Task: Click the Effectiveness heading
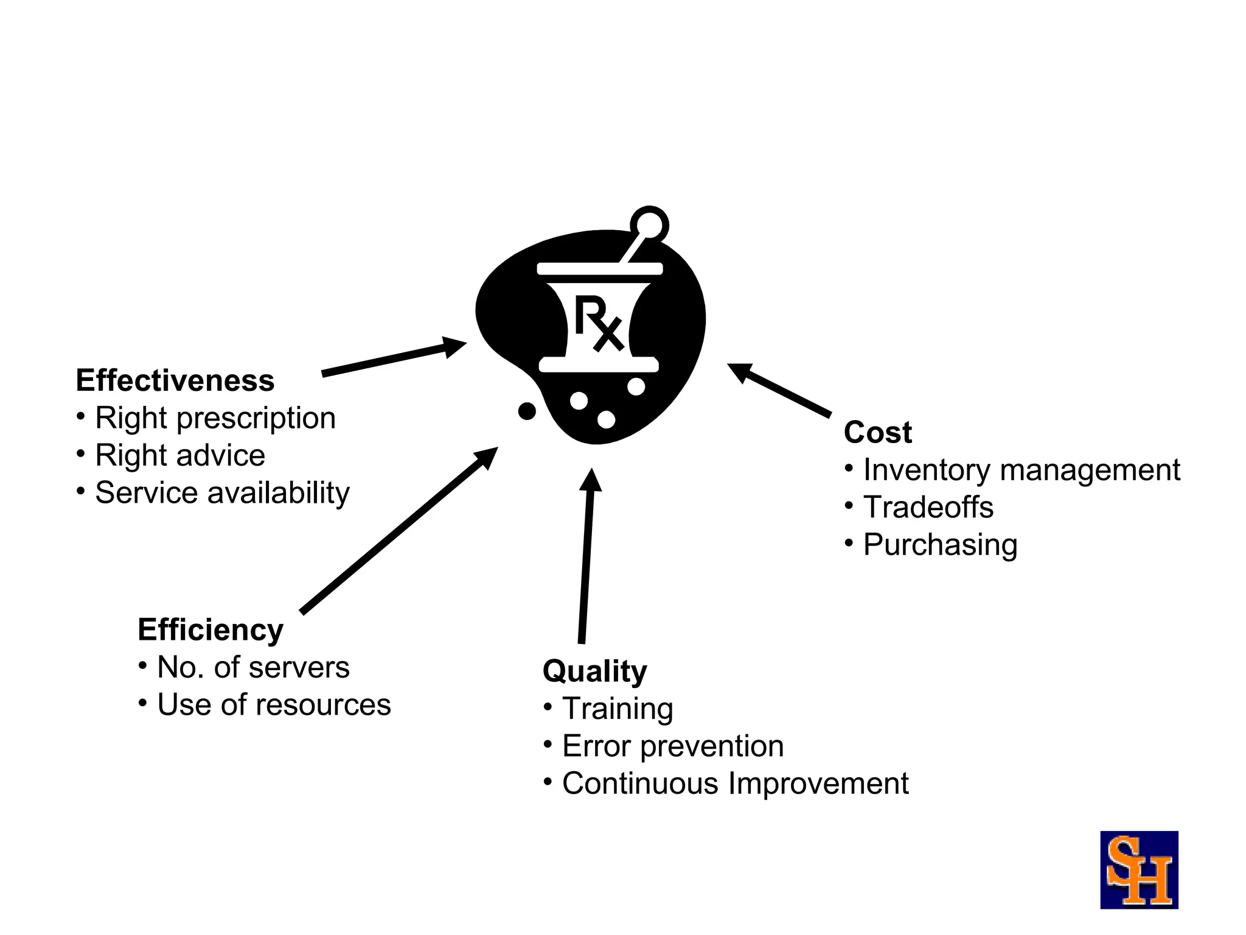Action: coord(175,380)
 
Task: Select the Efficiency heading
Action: coord(211,629)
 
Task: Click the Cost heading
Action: coord(877,432)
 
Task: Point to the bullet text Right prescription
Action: coord(215,418)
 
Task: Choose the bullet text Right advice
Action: coord(180,455)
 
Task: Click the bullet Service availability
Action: coord(222,492)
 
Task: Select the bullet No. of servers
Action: coord(253,667)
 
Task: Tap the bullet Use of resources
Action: coord(274,705)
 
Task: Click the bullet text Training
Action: coord(618,709)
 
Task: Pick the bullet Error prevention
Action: coord(673,746)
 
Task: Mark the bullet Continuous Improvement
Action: coord(735,783)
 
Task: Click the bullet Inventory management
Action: coord(1022,470)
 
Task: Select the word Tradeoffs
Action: coord(928,507)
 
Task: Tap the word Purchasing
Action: coord(940,545)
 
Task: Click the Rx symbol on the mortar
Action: coord(599,323)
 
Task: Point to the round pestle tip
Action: coord(649,225)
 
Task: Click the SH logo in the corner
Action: coord(1138,870)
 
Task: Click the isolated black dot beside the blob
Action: coord(527,411)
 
